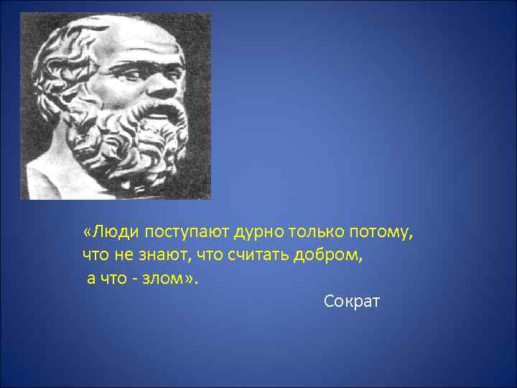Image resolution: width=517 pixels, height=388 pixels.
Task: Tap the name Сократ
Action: coord(351,300)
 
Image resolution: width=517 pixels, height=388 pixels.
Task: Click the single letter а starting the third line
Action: coord(90,278)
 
